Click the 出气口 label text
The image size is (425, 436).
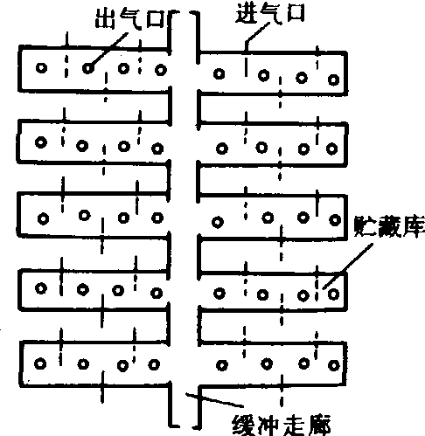point(130,18)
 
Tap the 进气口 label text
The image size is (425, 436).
point(270,13)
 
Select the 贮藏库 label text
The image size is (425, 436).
point(389,226)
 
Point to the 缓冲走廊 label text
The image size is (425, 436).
point(282,426)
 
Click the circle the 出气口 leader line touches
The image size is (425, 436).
point(88,68)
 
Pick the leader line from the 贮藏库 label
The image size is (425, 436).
point(348,266)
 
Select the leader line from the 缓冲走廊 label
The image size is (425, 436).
point(214,400)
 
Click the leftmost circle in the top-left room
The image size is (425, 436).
point(41,68)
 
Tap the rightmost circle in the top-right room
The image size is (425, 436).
point(334,80)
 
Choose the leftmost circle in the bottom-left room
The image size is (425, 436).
point(40,363)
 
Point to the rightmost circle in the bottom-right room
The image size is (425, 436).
point(334,365)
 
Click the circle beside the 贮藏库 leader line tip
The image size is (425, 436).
point(333,294)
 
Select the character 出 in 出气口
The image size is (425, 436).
point(106,18)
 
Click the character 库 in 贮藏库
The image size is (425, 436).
point(414,226)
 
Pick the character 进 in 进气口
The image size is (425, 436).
point(247,13)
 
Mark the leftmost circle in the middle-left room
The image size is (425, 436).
point(43,218)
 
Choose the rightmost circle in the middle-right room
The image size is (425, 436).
point(335,220)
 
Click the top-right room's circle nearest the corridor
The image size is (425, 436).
point(219,73)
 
